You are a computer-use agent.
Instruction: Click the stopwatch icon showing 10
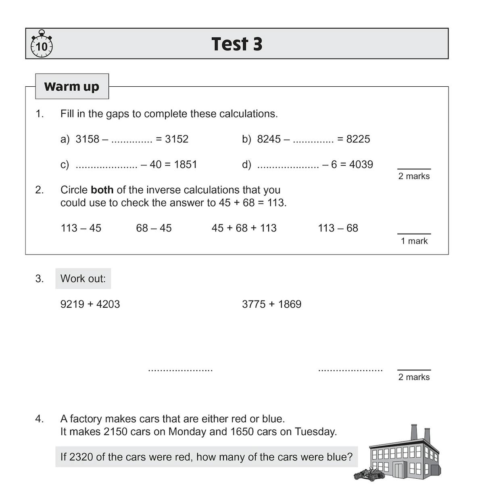point(42,44)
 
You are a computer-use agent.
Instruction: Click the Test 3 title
point(237,44)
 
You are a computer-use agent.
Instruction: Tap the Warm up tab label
point(72,86)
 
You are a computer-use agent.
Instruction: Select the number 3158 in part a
point(88,139)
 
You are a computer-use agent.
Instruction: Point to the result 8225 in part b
point(358,139)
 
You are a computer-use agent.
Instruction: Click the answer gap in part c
point(106,165)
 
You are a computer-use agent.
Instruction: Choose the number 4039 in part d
point(361,165)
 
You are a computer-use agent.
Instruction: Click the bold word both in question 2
point(102,190)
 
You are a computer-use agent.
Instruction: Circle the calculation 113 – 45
point(81,228)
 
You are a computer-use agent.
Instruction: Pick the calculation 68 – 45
point(154,228)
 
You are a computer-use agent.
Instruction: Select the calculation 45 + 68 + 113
point(244,228)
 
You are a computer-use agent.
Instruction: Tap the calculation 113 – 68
point(338,228)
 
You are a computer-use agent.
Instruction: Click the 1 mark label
point(414,241)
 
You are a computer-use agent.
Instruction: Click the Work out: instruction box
point(83,279)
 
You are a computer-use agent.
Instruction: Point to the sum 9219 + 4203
point(90,304)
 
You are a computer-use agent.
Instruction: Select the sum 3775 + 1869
point(271,304)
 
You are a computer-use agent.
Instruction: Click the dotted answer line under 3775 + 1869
point(350,369)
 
